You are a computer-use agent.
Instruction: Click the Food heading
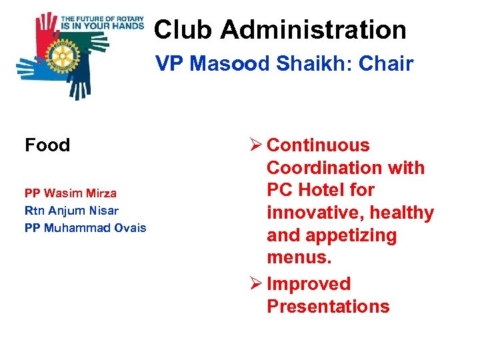click(47, 145)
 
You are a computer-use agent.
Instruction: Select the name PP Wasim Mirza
click(71, 193)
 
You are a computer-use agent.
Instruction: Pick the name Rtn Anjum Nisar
click(72, 211)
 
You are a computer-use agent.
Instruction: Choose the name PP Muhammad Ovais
click(85, 228)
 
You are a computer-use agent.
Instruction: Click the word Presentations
click(328, 307)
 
